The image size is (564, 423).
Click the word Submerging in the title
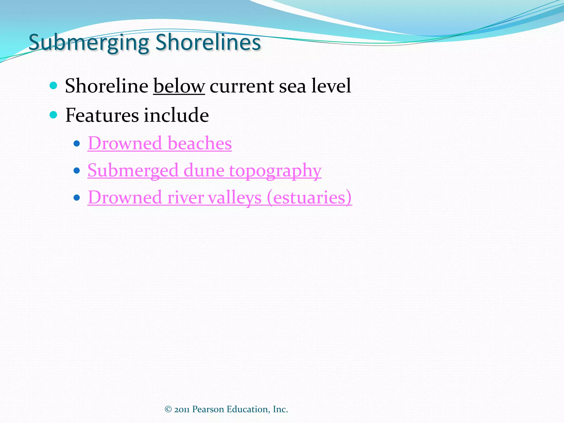coord(89,43)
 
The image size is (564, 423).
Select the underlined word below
coord(179,86)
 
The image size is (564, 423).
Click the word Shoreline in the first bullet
coord(107,86)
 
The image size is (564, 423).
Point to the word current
coord(242,86)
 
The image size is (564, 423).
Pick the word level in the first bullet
coord(331,86)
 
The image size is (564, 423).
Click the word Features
coord(102,115)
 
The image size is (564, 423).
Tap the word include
coord(176,115)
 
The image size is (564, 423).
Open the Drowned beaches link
coord(160,143)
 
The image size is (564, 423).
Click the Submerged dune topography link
coord(204,170)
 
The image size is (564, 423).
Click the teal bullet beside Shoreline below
coord(53,86)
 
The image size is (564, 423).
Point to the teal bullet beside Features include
coord(53,115)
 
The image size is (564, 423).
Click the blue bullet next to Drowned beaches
coord(77,143)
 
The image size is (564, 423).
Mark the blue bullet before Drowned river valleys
coord(77,198)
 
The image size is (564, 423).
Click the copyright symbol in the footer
coord(168,410)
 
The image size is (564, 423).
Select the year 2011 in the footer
coord(182,410)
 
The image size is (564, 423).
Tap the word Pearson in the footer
coord(208,410)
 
